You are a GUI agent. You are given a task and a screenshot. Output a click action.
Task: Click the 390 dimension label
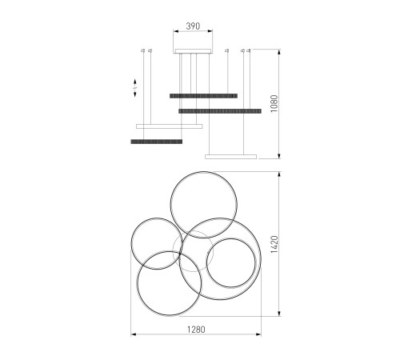click(x=193, y=26)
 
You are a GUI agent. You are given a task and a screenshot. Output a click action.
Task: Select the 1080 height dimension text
click(x=274, y=103)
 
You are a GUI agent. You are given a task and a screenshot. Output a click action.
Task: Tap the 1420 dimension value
click(x=274, y=244)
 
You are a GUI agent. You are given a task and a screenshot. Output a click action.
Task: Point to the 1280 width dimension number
click(x=196, y=330)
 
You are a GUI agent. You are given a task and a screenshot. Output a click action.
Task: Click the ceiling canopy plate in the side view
click(x=193, y=51)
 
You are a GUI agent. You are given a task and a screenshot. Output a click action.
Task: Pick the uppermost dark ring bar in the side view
click(x=203, y=96)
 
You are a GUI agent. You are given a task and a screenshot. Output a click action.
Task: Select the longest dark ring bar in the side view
click(x=220, y=111)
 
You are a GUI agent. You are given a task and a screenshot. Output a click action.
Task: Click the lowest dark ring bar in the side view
click(x=157, y=142)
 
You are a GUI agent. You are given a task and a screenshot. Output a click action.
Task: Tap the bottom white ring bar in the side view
click(x=230, y=157)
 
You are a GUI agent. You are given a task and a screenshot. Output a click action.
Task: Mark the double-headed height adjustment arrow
click(x=135, y=88)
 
